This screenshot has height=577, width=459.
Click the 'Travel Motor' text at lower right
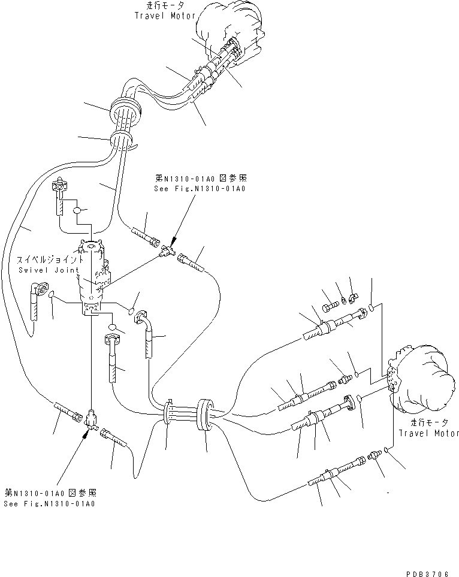(x=427, y=433)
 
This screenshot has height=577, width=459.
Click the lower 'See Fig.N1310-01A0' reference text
(x=49, y=503)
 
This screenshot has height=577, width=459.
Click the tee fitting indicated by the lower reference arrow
(x=90, y=417)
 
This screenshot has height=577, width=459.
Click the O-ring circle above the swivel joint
(x=77, y=210)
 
